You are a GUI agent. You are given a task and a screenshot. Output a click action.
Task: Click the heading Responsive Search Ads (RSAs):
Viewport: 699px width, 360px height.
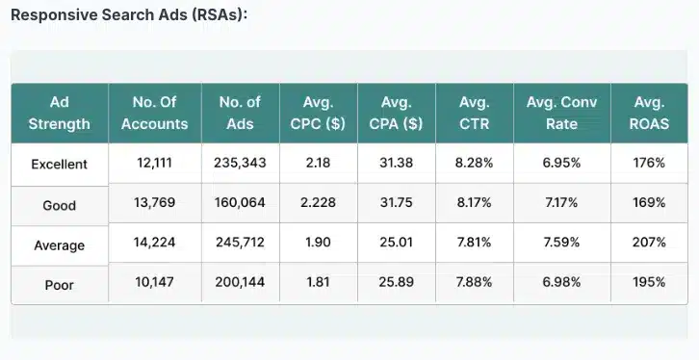coord(129,14)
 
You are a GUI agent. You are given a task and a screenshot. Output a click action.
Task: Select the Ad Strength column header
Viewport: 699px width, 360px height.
coord(60,113)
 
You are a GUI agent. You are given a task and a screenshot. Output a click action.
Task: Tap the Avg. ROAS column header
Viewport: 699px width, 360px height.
coord(649,113)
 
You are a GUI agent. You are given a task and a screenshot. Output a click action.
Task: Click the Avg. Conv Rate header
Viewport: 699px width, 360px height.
coord(561,113)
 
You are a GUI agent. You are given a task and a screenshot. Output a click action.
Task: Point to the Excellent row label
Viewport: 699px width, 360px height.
coord(60,164)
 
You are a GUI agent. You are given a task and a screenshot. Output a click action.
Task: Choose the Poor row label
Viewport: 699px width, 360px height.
coord(60,285)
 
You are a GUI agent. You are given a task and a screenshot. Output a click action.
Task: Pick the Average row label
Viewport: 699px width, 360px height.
coord(60,245)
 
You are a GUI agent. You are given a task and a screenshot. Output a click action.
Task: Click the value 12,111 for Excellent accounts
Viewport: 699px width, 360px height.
coord(154,163)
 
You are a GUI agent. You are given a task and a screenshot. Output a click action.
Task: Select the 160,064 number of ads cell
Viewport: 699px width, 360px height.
coord(240,202)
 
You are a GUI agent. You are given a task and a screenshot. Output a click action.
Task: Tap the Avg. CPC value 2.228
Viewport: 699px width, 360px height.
coord(318,202)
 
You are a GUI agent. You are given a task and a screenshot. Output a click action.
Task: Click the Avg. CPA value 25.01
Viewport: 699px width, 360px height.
coord(396,242)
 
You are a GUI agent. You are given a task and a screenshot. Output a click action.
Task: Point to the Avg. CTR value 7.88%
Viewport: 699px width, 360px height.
coord(474,282)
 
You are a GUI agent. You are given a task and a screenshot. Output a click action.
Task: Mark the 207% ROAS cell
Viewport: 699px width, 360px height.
coord(649,242)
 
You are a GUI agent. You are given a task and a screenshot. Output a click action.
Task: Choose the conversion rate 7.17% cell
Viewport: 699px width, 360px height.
coord(561,202)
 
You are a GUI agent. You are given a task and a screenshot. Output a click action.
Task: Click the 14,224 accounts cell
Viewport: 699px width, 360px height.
coord(154,242)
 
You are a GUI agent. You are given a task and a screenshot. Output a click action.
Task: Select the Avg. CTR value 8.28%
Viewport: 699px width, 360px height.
coord(474,163)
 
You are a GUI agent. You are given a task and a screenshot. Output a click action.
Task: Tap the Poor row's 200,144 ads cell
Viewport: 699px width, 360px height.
coord(240,282)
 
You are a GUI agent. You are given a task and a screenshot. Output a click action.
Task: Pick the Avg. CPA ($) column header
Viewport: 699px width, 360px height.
coord(396,113)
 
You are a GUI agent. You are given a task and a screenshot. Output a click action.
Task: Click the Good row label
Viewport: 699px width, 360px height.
coord(60,205)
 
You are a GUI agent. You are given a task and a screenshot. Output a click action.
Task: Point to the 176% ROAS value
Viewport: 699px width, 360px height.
coord(649,163)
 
